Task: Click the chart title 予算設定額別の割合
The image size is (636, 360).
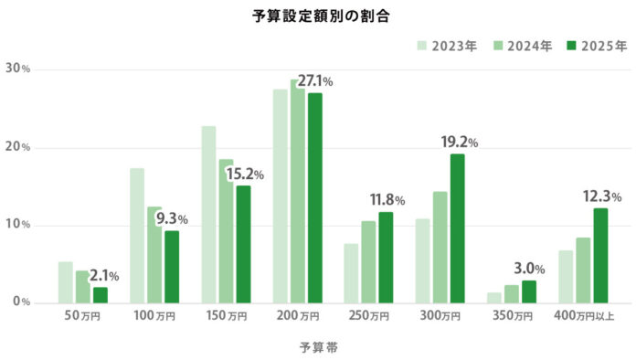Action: click(318, 16)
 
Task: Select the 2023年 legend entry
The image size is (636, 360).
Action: click(447, 46)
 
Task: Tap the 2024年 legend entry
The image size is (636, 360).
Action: click(522, 46)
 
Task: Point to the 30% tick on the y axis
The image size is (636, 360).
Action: click(18, 69)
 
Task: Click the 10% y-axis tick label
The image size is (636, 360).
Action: click(18, 225)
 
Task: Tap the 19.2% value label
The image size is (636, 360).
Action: click(459, 143)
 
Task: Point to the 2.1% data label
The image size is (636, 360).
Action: click(103, 276)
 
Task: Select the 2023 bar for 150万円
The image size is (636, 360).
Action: click(208, 215)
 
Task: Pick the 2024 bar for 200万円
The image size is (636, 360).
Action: click(297, 192)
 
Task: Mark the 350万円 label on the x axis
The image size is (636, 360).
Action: click(511, 316)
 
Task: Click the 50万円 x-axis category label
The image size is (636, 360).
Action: click(83, 316)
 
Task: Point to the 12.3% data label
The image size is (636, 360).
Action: click(602, 196)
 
